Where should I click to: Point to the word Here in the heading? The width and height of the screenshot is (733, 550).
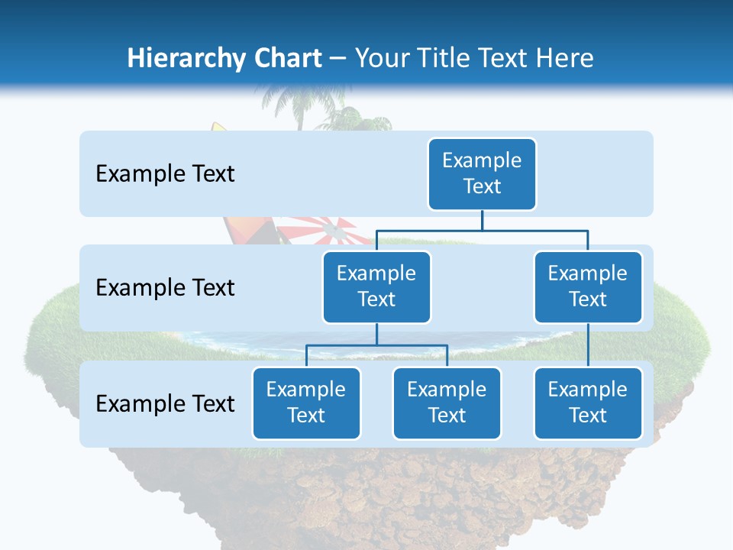tap(567, 58)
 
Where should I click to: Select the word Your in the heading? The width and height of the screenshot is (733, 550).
tap(383, 58)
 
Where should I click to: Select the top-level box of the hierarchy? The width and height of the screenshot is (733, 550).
tap(482, 173)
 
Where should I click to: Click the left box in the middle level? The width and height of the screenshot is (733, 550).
tap(376, 286)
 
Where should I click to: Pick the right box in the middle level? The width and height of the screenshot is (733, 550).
tap(588, 286)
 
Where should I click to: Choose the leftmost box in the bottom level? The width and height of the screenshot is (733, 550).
tap(306, 403)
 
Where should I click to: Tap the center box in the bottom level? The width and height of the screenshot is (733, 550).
tap(447, 403)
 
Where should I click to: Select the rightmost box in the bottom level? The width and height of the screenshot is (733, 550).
tap(588, 403)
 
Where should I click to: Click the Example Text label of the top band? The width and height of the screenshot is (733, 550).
tap(165, 174)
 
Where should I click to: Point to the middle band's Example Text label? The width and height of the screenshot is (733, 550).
tap(165, 288)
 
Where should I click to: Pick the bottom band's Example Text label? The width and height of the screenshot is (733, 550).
tap(165, 403)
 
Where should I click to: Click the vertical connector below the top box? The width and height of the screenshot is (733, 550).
tap(482, 220)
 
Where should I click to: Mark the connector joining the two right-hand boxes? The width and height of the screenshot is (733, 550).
tap(588, 345)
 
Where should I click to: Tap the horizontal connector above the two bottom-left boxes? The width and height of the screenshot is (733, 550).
tap(376, 345)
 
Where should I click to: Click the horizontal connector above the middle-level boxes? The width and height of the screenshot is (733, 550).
tap(482, 230)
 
